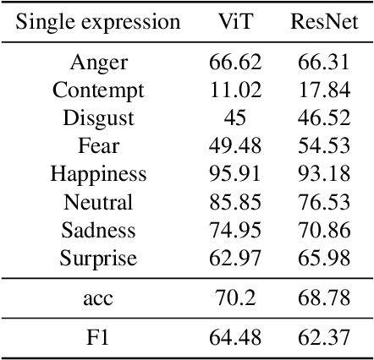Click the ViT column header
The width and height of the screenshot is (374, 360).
click(234, 22)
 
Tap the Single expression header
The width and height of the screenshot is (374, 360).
click(98, 22)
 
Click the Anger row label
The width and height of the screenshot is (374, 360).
click(98, 62)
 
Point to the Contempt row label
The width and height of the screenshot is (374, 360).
click(98, 90)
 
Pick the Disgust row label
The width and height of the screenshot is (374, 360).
click(98, 118)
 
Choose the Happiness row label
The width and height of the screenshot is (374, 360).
click(98, 174)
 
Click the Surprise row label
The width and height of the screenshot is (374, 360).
click(98, 259)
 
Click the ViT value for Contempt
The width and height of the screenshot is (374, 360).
click(235, 90)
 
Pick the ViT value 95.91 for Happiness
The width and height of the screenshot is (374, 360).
click(235, 174)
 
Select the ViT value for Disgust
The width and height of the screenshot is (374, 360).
click(235, 118)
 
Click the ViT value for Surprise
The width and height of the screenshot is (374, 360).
click(235, 259)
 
